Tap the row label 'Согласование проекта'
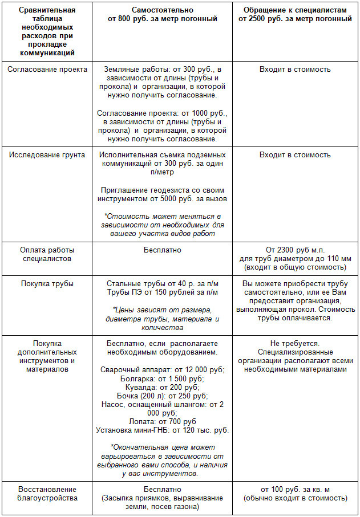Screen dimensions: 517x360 (x=48, y=70)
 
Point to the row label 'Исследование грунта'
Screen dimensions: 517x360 (x=47, y=155)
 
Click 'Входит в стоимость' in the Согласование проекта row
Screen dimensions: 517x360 (x=294, y=70)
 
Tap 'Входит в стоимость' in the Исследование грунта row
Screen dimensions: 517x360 (x=294, y=155)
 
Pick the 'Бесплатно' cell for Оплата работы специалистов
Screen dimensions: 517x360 (x=163, y=250)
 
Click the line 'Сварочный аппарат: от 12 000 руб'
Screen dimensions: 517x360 (x=163, y=369)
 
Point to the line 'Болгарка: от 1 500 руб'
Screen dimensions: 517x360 (x=163, y=378)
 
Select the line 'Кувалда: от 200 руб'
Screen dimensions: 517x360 (x=163, y=387)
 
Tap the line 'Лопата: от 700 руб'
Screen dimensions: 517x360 (x=163, y=421)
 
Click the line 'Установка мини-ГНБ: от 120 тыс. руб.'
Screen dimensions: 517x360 (x=163, y=430)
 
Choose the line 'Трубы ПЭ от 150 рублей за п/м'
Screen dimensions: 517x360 (x=163, y=292)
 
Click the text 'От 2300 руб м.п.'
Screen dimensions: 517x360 (x=294, y=250)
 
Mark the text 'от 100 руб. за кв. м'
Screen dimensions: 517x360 (x=294, y=490)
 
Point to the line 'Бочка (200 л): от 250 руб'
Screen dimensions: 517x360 (x=163, y=396)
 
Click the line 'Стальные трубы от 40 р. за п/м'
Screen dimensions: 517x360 (x=163, y=284)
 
